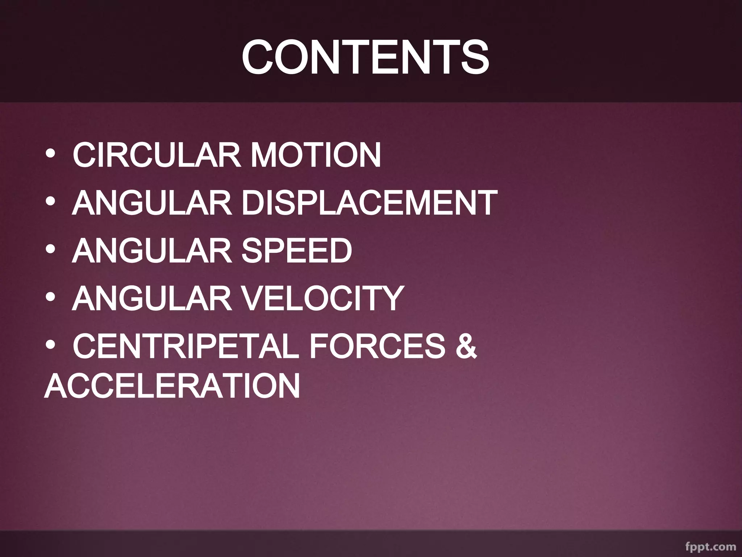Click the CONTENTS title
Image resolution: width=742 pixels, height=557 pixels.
[x=365, y=57]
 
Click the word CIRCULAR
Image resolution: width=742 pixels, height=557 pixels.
[x=156, y=155]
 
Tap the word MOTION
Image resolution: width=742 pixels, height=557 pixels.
[x=316, y=155]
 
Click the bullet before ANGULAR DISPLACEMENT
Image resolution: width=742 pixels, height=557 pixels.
[x=50, y=203]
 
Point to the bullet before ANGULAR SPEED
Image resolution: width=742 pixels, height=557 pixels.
[x=50, y=251]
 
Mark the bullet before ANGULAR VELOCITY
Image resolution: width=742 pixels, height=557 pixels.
[x=50, y=298]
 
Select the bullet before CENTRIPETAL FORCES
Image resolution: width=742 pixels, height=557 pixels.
[x=50, y=346]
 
